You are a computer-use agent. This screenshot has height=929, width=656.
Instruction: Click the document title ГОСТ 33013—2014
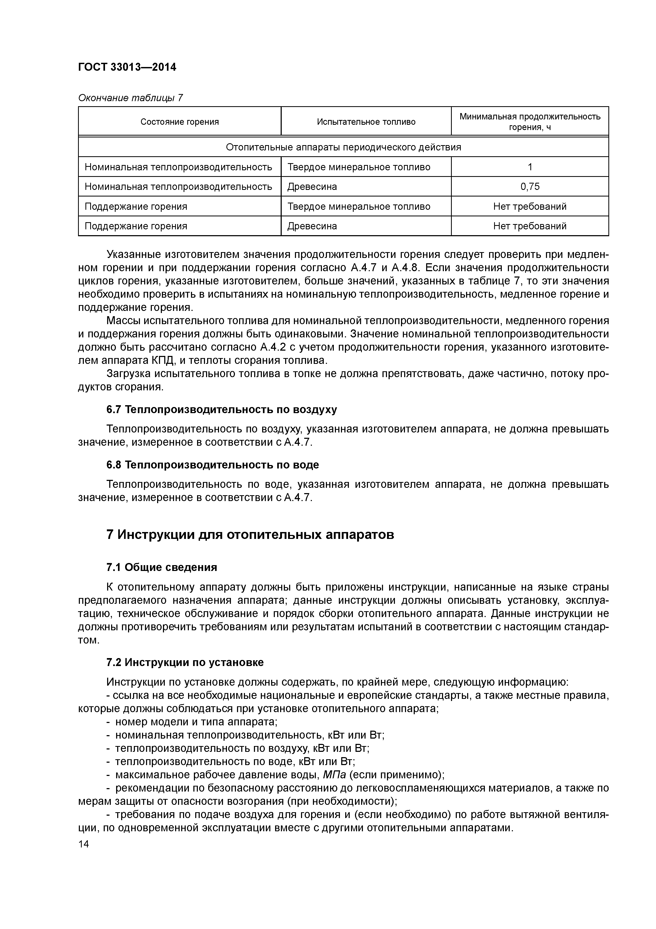pyautogui.click(x=127, y=67)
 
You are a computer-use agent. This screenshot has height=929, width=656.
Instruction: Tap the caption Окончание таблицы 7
pyautogui.click(x=130, y=98)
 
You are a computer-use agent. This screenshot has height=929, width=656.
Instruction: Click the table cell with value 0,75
pyautogui.click(x=530, y=186)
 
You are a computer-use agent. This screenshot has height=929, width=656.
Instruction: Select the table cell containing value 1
pyautogui.click(x=530, y=167)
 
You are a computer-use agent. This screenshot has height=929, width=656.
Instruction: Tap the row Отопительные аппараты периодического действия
pyautogui.click(x=343, y=147)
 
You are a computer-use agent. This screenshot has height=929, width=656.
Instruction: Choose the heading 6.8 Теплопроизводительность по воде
pyautogui.click(x=213, y=465)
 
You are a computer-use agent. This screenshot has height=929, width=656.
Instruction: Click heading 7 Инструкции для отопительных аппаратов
pyautogui.click(x=250, y=534)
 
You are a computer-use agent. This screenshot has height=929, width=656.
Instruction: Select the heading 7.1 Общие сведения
pyautogui.click(x=162, y=567)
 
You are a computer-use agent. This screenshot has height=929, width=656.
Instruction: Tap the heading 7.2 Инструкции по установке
pyautogui.click(x=185, y=662)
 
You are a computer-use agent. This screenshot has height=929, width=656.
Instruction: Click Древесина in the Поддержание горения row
pyautogui.click(x=312, y=226)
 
